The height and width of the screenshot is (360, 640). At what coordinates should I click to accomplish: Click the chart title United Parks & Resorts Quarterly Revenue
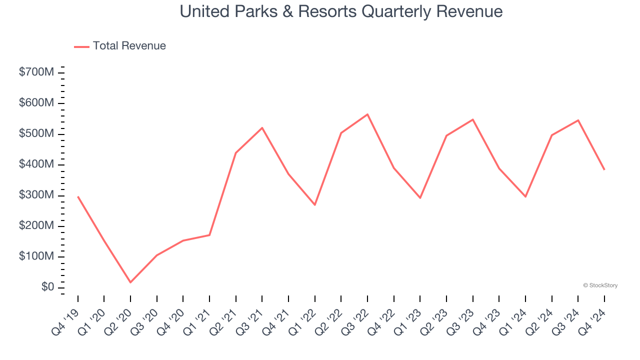[341, 11]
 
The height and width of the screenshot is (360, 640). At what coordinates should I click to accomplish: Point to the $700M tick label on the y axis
[36, 72]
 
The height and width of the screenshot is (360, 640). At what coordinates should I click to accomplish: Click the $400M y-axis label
[36, 165]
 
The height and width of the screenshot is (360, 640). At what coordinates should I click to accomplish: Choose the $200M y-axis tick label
[36, 226]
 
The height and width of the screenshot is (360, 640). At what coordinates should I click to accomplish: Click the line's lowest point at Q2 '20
[130, 282]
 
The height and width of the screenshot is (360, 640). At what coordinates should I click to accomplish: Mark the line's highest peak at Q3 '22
[367, 114]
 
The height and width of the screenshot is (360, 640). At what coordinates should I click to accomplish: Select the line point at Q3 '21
[262, 128]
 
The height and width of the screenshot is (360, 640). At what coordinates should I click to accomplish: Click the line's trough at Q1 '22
[315, 204]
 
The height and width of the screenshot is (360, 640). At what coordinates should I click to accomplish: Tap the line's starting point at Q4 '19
[78, 196]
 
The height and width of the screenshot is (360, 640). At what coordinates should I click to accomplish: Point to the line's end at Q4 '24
[604, 169]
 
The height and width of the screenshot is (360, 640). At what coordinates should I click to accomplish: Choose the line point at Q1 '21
[209, 235]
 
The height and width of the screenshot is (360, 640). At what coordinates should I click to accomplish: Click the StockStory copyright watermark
[600, 285]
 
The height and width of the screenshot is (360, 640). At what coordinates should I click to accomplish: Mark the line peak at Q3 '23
[472, 119]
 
